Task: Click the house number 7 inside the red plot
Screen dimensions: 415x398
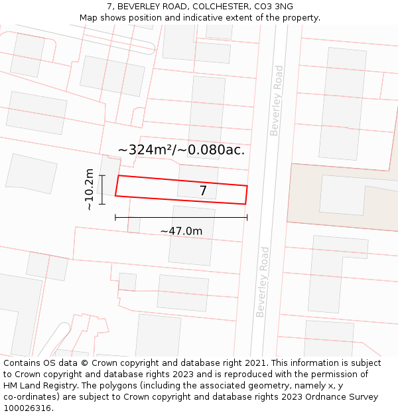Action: click(203, 191)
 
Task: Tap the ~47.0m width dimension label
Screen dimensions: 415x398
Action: click(181, 231)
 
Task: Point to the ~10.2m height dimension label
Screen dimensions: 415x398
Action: click(90, 189)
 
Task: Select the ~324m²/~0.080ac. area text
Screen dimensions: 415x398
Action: click(181, 150)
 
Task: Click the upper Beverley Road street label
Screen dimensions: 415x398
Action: click(277, 100)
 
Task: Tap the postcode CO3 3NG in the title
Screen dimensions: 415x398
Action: click(273, 7)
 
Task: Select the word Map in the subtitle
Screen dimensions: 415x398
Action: click(89, 18)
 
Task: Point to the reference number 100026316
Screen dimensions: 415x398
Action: click(27, 408)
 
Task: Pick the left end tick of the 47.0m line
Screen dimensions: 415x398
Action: click(115, 217)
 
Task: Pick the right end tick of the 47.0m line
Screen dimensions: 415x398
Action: click(247, 217)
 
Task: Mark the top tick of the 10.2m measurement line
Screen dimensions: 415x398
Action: click(102, 175)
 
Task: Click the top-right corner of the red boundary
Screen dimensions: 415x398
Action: click(247, 186)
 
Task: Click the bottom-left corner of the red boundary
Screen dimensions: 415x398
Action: click(115, 196)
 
